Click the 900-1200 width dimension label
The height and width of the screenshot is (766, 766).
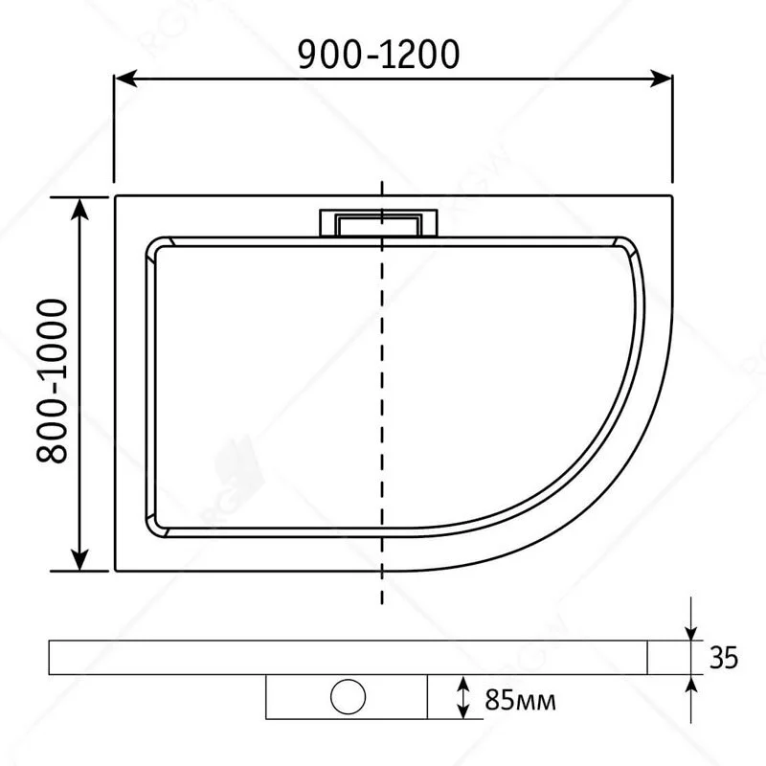[372, 56]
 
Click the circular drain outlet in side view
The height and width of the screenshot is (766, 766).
[346, 695]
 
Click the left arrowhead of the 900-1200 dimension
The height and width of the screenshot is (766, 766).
[124, 81]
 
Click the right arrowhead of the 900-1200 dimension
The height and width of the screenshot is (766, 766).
[666, 81]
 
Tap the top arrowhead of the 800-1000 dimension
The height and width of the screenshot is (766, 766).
[81, 206]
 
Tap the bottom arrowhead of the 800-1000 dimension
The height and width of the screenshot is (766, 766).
[81, 560]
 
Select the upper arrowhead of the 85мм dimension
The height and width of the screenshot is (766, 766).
[463, 682]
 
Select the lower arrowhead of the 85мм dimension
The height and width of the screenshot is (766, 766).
[463, 710]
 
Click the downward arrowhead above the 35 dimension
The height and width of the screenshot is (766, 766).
[690, 632]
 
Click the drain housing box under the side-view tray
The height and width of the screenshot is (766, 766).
[346, 696]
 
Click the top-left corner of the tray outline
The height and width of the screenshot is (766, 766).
[115, 196]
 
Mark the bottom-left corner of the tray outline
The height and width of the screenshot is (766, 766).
[115, 571]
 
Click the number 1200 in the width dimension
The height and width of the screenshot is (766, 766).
[413, 56]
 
